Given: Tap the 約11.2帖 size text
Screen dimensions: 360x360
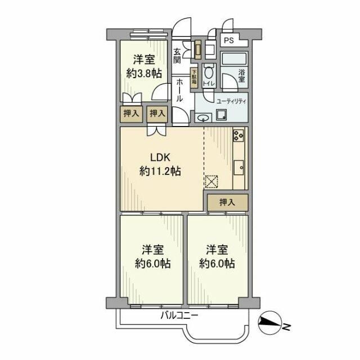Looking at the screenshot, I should [x=160, y=172].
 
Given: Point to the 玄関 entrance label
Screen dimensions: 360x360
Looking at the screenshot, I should [x=178, y=55].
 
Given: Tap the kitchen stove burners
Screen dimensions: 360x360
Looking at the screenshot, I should [x=238, y=136].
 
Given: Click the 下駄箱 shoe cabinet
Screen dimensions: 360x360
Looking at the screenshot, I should [x=193, y=76].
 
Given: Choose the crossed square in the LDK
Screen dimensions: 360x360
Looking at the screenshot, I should [x=211, y=181].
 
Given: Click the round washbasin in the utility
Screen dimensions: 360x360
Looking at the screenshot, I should [x=204, y=118].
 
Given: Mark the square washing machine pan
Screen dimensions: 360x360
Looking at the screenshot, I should [x=222, y=116].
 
